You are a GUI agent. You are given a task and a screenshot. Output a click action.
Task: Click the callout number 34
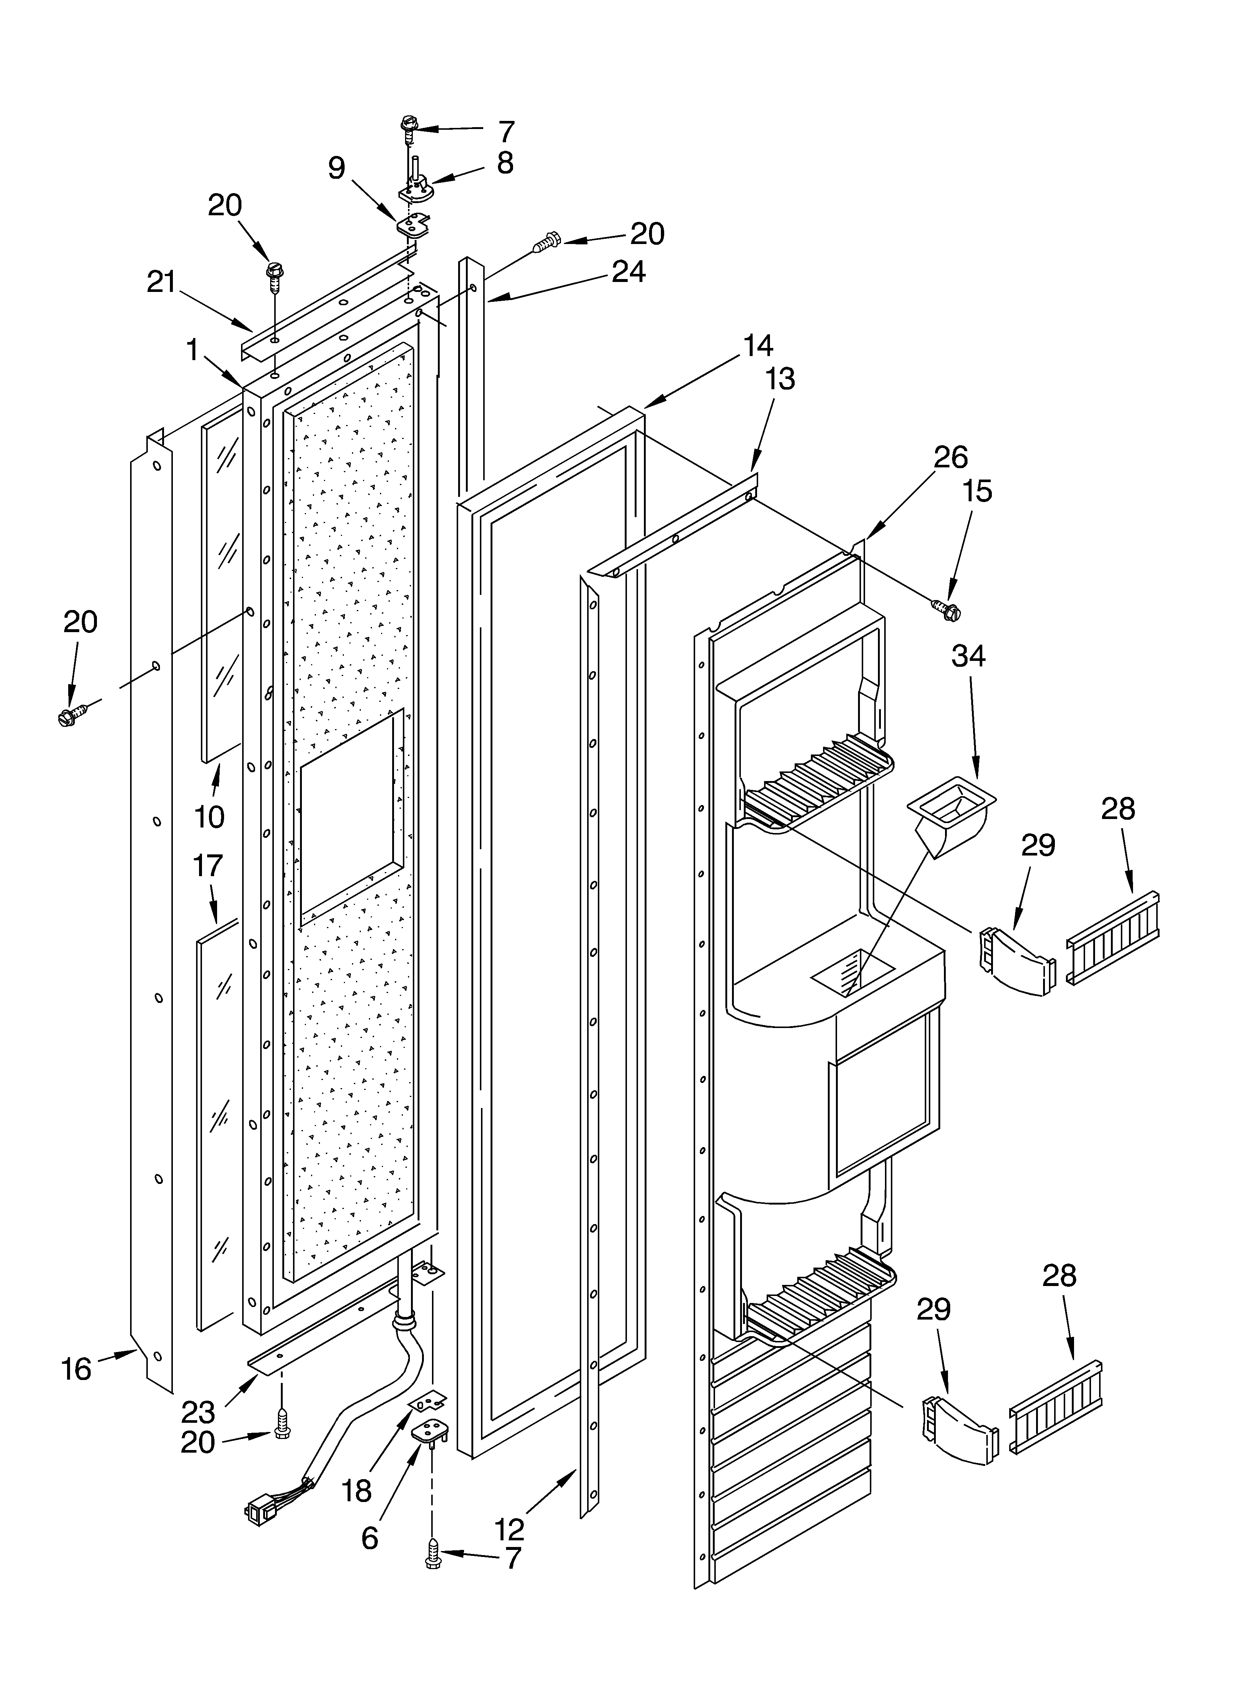coord(968,656)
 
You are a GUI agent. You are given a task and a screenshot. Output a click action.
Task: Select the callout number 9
coord(337,168)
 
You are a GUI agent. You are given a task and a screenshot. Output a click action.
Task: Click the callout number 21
coord(161,282)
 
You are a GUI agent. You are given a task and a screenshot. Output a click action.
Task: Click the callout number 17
coord(208,865)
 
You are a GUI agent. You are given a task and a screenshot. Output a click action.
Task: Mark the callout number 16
coord(76,1369)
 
